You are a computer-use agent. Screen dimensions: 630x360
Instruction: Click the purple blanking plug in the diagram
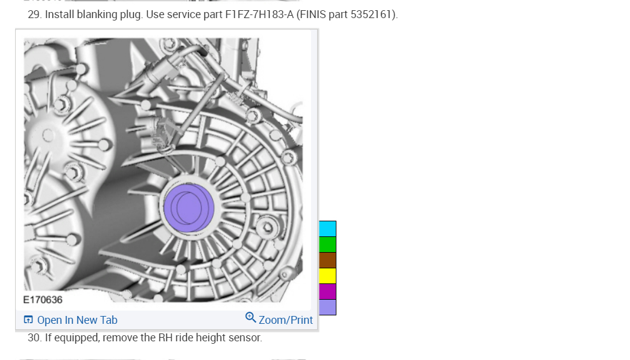click(x=189, y=208)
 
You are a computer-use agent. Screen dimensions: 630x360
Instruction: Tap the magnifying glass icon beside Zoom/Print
click(x=251, y=317)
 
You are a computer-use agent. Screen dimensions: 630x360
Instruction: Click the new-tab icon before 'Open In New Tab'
click(x=28, y=320)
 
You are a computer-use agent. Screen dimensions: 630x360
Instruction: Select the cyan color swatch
click(x=327, y=229)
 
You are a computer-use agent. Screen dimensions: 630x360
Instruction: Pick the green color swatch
click(x=327, y=244)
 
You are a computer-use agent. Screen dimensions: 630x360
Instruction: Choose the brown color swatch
click(x=327, y=260)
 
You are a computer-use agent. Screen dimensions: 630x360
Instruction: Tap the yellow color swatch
click(x=327, y=276)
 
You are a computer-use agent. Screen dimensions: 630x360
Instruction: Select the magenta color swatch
click(x=327, y=291)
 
